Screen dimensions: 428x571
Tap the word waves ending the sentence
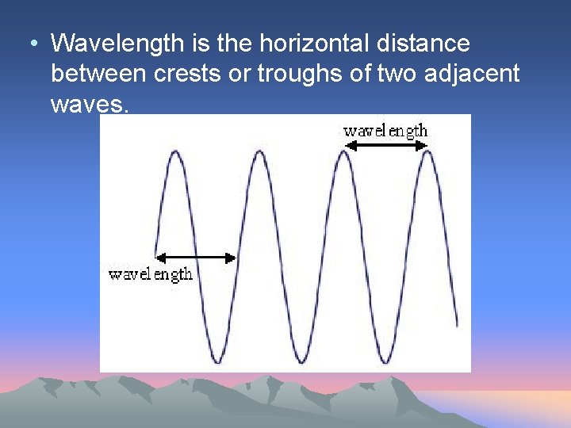(87, 105)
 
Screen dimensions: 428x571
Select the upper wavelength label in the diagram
(385, 131)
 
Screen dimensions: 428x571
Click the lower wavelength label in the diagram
(151, 274)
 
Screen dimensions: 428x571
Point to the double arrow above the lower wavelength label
(196, 258)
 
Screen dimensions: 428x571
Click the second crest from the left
(259, 151)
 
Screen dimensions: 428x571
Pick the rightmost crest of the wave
(428, 151)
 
